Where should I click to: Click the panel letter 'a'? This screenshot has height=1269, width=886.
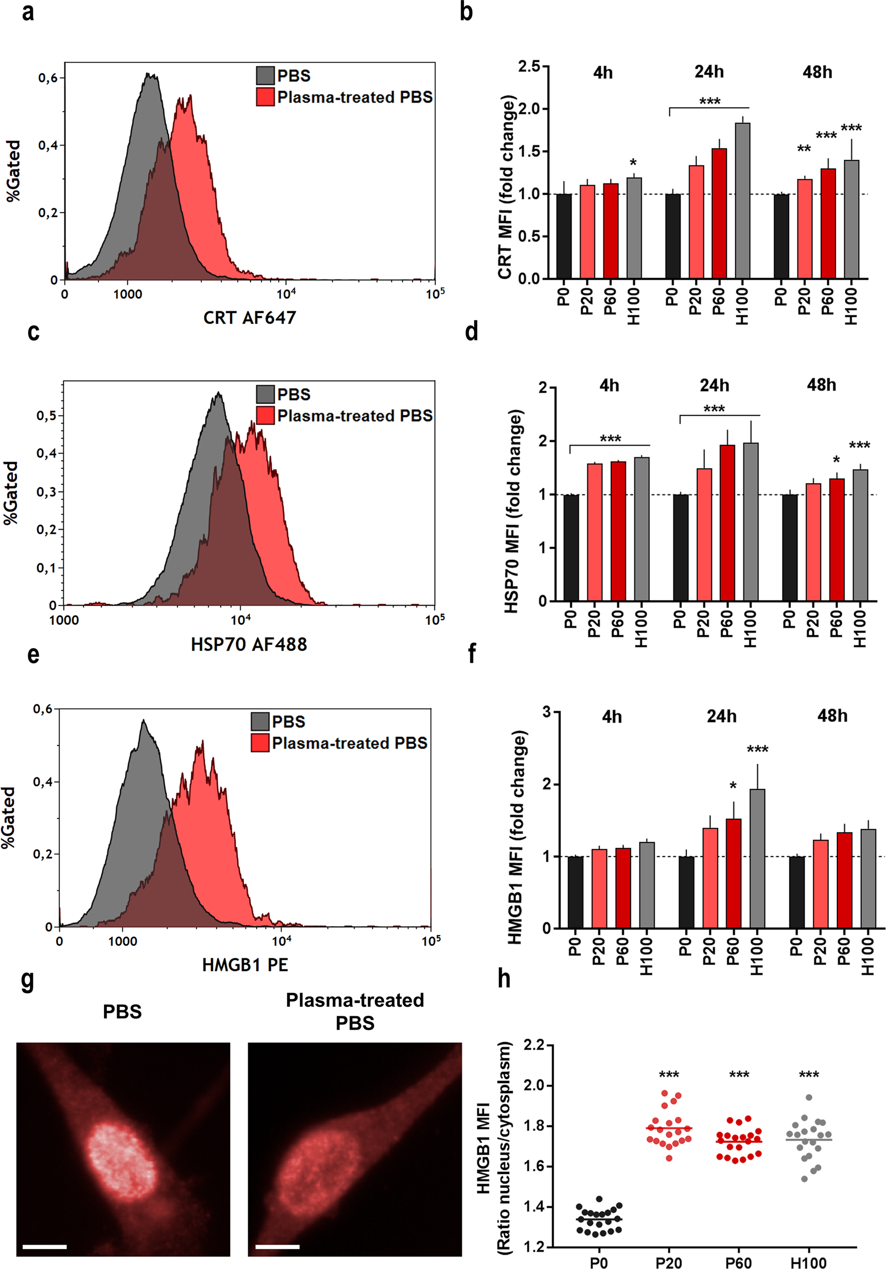click(x=28, y=12)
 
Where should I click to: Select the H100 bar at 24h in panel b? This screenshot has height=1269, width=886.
click(x=742, y=200)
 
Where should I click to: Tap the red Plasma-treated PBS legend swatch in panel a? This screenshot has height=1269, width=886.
click(x=265, y=97)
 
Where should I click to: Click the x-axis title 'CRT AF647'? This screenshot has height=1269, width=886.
click(x=249, y=318)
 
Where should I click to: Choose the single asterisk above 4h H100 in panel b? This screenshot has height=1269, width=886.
click(x=633, y=163)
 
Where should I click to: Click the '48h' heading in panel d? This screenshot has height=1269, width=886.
click(x=821, y=385)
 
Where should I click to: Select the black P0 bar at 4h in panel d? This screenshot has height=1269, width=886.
click(x=571, y=547)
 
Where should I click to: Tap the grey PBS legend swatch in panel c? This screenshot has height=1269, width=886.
click(x=265, y=394)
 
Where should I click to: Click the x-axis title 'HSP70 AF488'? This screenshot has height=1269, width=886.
click(x=249, y=644)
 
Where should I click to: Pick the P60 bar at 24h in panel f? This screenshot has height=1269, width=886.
click(x=733, y=873)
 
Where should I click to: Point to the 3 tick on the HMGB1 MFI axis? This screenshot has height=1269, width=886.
click(x=547, y=712)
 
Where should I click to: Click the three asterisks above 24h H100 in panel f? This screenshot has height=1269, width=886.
click(x=757, y=750)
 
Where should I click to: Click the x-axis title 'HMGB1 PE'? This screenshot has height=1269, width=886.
click(x=245, y=965)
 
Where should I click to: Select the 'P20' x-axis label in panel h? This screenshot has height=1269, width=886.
click(x=669, y=1262)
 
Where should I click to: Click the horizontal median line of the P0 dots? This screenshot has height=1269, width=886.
click(x=599, y=1219)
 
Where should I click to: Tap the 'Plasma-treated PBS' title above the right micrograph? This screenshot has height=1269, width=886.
click(x=355, y=1011)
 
